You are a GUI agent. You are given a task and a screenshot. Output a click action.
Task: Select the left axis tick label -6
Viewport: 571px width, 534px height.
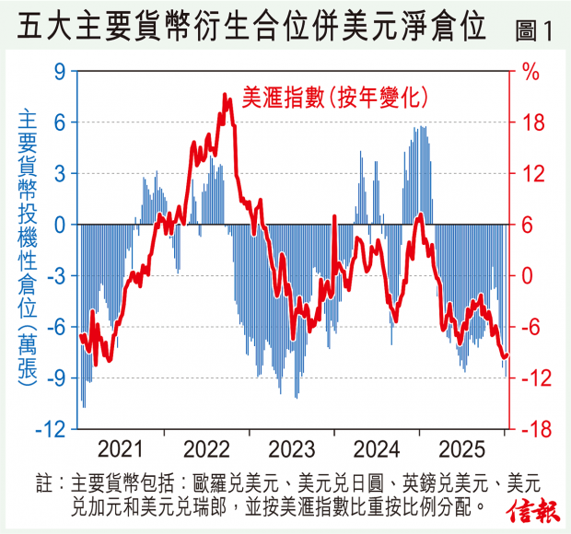[55, 327]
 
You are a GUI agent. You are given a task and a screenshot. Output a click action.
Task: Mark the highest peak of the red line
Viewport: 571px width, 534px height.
[226, 95]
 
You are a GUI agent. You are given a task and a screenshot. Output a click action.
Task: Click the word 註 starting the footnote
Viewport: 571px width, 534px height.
[42, 482]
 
